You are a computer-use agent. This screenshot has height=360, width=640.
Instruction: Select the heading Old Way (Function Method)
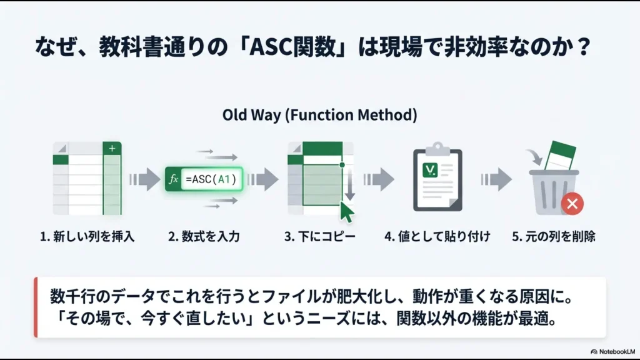(x=319, y=115)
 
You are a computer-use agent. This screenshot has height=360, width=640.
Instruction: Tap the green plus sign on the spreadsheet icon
(x=112, y=148)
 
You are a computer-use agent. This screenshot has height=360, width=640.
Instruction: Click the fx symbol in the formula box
(x=174, y=179)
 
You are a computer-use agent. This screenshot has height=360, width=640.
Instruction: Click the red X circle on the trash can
(x=573, y=202)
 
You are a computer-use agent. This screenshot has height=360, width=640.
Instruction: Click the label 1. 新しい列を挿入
(x=87, y=237)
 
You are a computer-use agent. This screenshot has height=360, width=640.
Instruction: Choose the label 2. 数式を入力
(x=204, y=237)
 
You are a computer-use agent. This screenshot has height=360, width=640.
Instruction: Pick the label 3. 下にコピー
(x=319, y=237)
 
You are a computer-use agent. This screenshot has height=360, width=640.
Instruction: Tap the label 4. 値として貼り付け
(x=437, y=237)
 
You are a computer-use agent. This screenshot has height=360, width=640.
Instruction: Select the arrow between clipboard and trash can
(x=496, y=180)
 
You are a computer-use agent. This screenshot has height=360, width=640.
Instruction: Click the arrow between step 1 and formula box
(x=144, y=180)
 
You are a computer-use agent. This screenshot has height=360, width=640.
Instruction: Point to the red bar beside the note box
(x=36, y=307)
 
